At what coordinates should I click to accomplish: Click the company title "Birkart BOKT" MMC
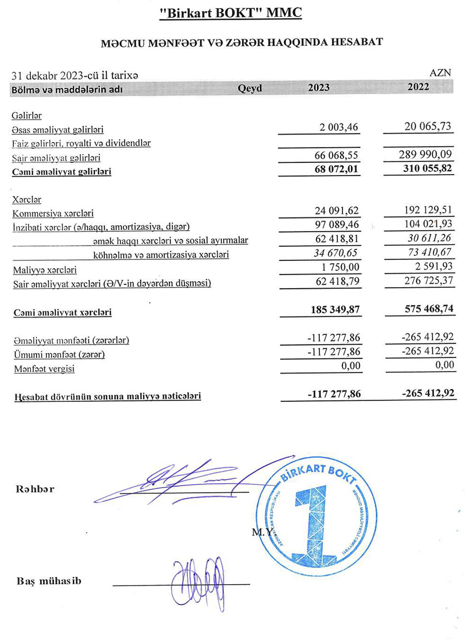click(231, 13)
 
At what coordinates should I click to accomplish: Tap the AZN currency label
click(440, 73)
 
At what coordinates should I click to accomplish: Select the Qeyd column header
click(250, 88)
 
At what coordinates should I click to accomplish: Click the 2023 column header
click(318, 88)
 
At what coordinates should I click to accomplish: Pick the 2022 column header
click(418, 87)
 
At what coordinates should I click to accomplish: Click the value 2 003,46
click(339, 127)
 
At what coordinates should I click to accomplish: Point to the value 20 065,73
click(428, 126)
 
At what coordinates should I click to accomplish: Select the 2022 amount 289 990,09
click(425, 154)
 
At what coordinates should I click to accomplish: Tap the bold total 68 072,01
click(336, 169)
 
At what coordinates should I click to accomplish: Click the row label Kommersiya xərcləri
click(53, 213)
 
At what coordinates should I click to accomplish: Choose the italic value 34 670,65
click(335, 253)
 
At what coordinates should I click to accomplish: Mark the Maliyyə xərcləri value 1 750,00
click(340, 267)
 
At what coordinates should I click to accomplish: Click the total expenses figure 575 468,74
click(429, 309)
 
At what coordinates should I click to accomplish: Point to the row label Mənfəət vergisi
click(44, 369)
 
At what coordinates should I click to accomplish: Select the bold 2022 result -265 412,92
click(428, 393)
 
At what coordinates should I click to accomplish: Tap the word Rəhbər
click(35, 489)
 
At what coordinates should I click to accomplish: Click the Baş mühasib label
click(49, 581)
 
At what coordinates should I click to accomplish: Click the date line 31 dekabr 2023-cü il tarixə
click(75, 76)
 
